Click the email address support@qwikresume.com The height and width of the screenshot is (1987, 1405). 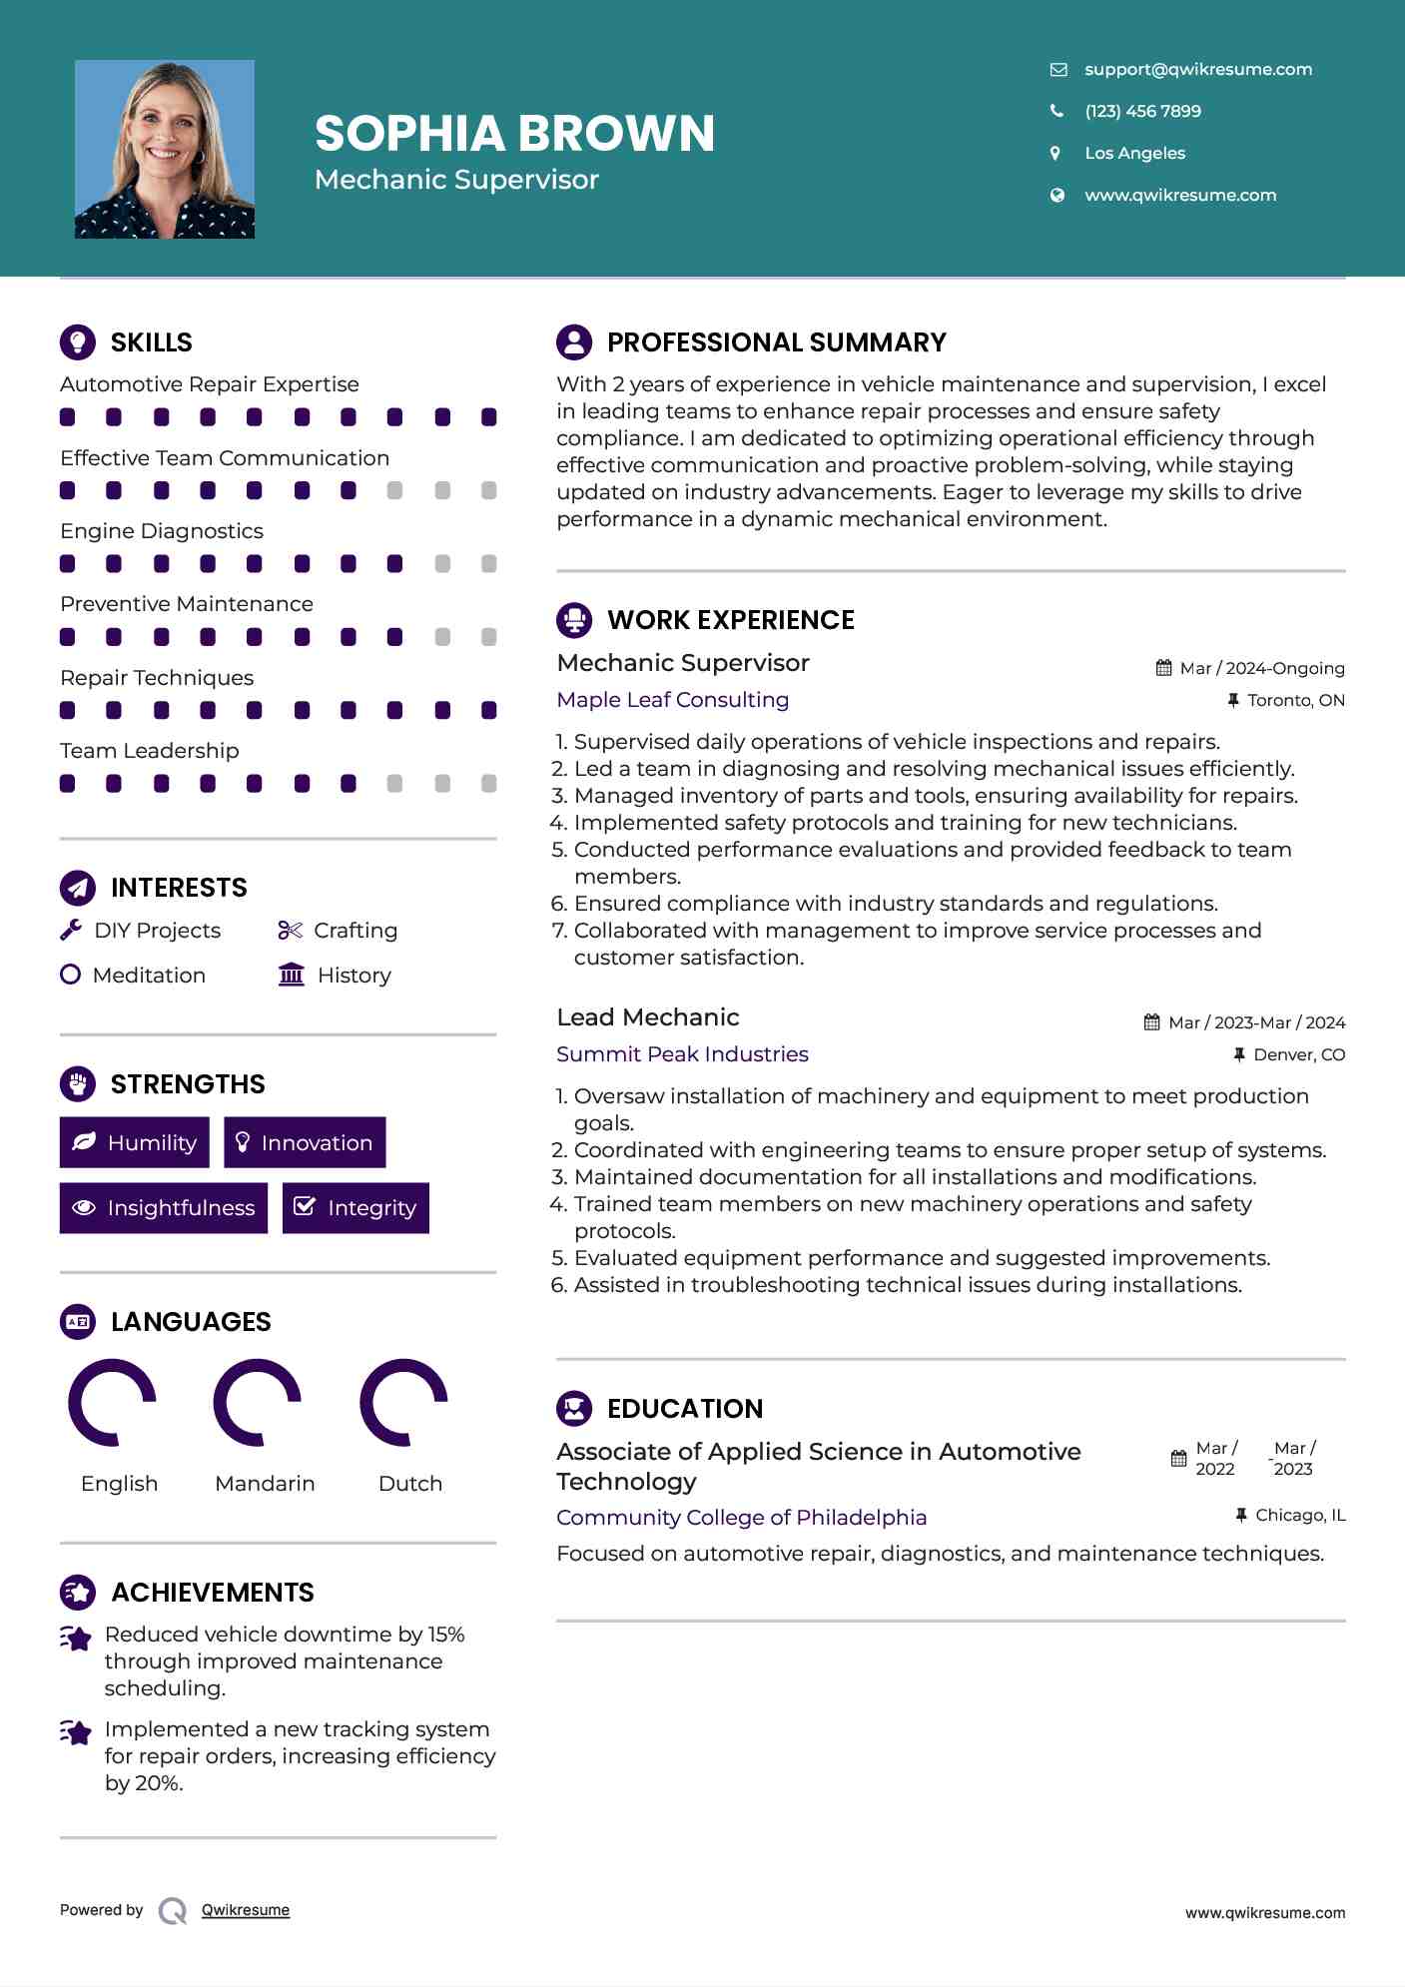pos(1197,69)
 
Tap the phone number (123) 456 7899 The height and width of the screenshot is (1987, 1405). pos(1142,111)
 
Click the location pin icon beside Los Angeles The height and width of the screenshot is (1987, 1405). pos(1055,153)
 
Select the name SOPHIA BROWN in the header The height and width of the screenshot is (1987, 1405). pos(514,133)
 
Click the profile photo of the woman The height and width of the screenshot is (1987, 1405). pos(165,150)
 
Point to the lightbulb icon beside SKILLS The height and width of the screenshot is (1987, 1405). pos(78,341)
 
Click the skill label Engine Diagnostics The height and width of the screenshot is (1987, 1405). pos(162,531)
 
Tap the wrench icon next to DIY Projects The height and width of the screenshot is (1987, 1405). pos(71,931)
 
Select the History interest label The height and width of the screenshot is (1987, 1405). pos(353,976)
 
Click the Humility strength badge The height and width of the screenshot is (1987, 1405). pos(135,1142)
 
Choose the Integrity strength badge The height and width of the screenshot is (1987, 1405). pos(355,1208)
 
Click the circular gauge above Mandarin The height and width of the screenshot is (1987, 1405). pos(258,1402)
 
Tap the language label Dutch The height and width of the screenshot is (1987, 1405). pos(409,1484)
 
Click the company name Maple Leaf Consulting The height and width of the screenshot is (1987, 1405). pos(672,700)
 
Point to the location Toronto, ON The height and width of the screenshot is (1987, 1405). pos(1295,701)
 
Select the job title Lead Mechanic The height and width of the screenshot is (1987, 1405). pos(647,1017)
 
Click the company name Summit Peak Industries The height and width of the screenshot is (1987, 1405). pos(682,1054)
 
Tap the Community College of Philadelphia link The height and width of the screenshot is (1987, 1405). pos(741,1518)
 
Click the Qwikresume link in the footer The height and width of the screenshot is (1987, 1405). pos(246,1910)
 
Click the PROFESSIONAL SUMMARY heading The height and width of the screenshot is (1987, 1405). pos(776,342)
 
